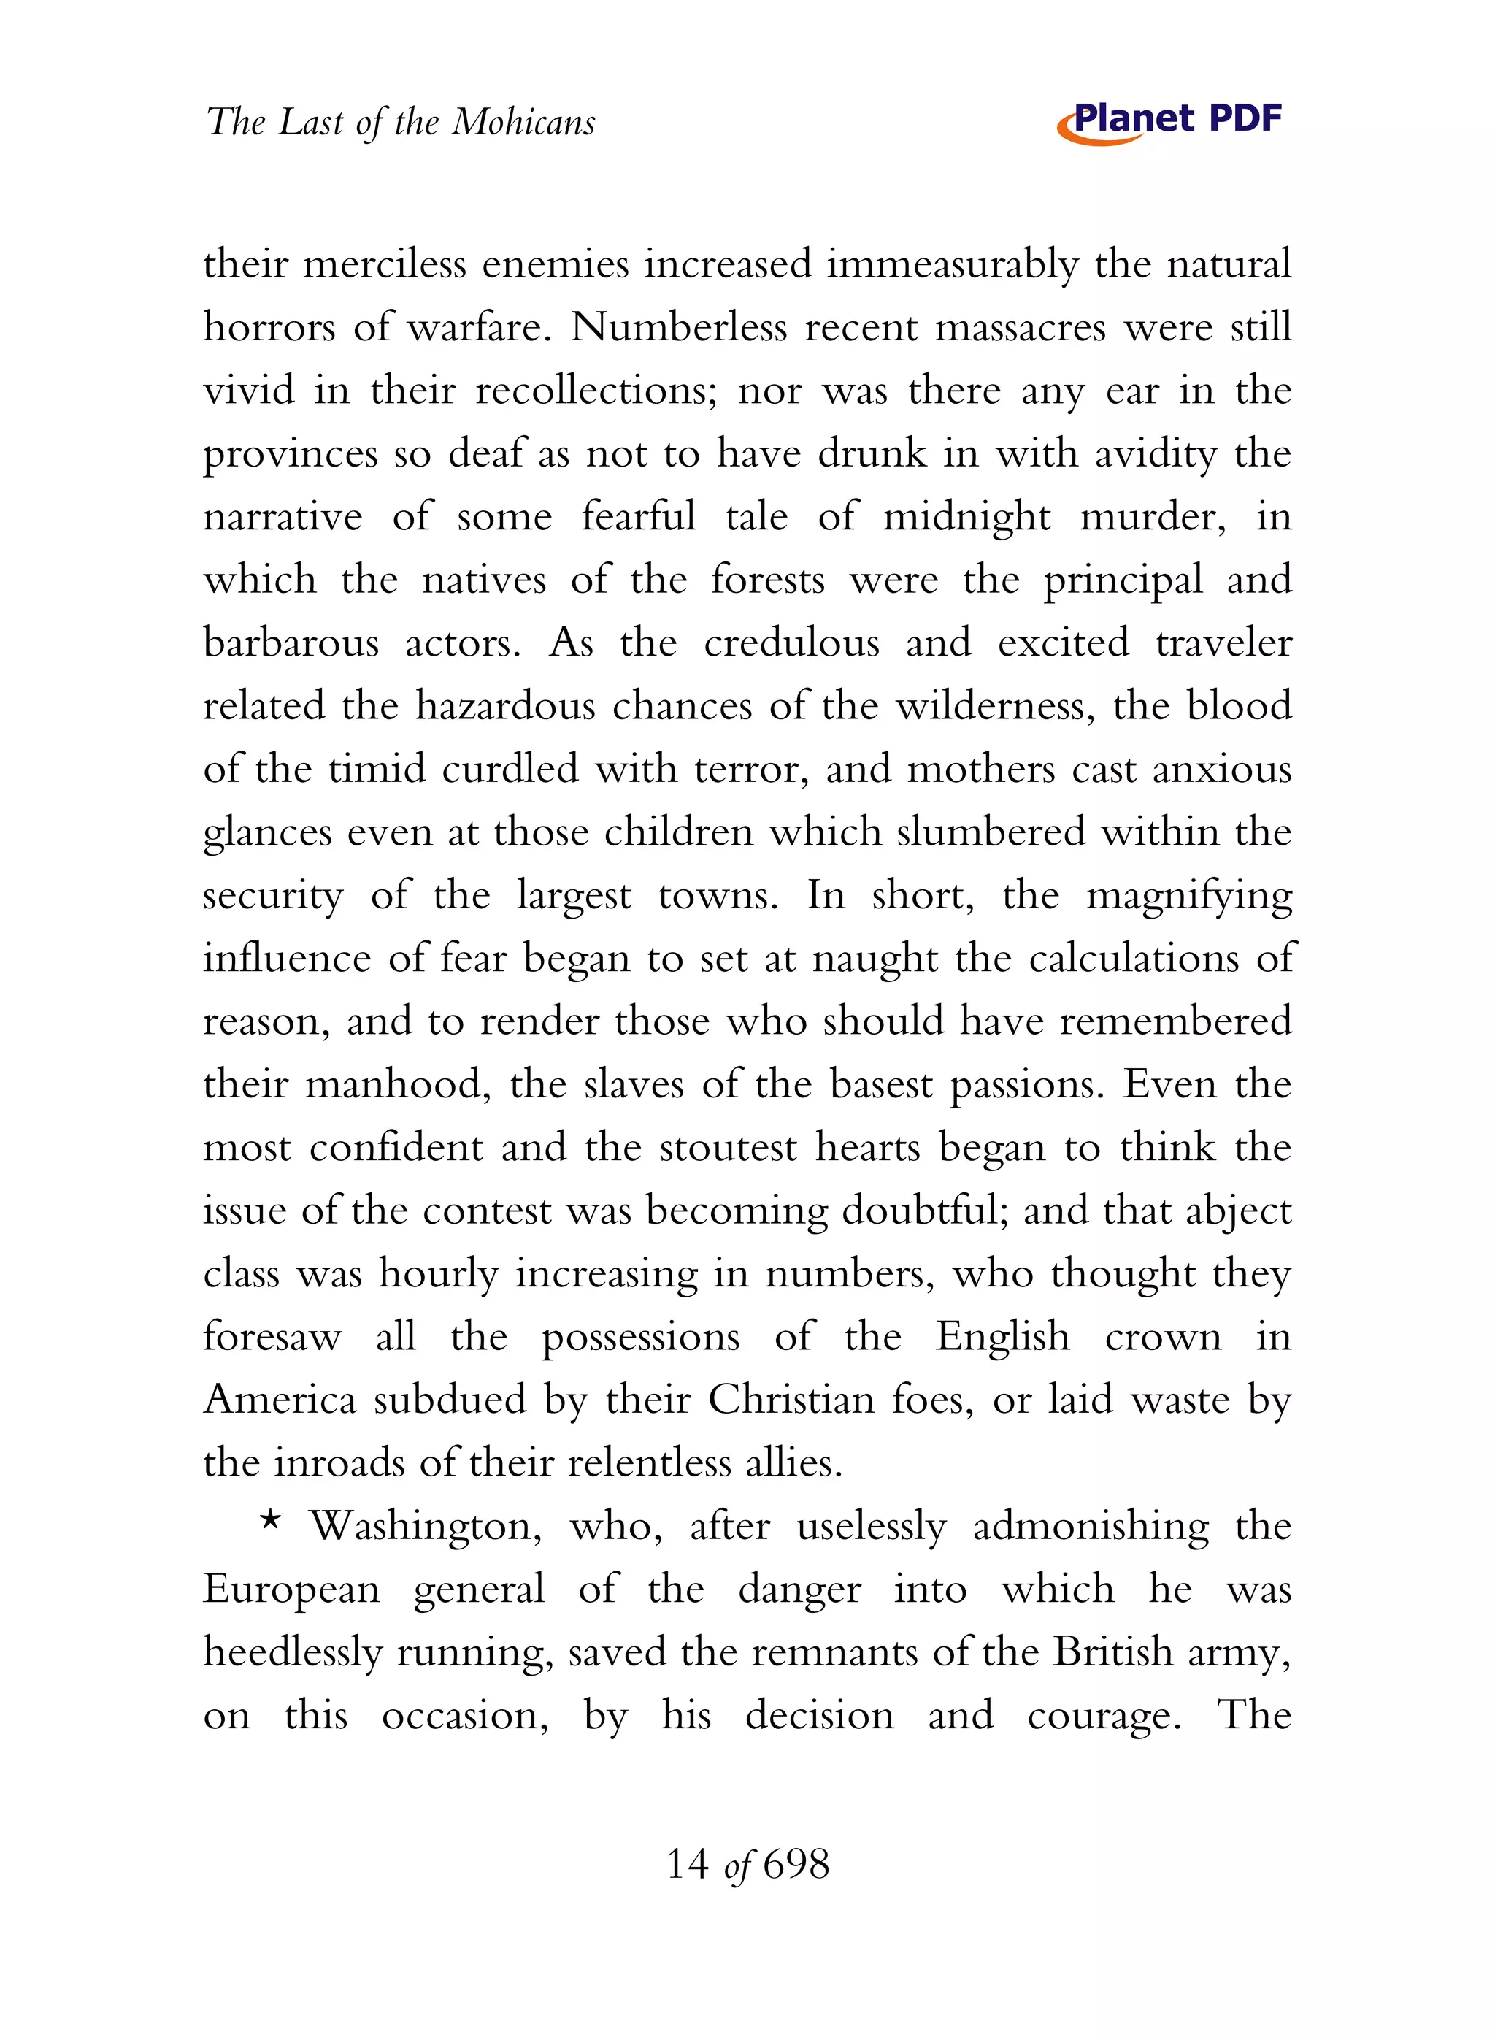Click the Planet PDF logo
click(x=1169, y=121)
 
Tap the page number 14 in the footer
click(x=687, y=1865)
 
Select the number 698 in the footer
click(x=796, y=1865)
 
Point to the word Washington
click(x=426, y=1527)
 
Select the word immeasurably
click(x=952, y=265)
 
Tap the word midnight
click(x=966, y=518)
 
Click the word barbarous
click(x=291, y=643)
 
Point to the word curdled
click(x=510, y=770)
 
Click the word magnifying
click(x=1188, y=897)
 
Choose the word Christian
click(x=791, y=1400)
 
